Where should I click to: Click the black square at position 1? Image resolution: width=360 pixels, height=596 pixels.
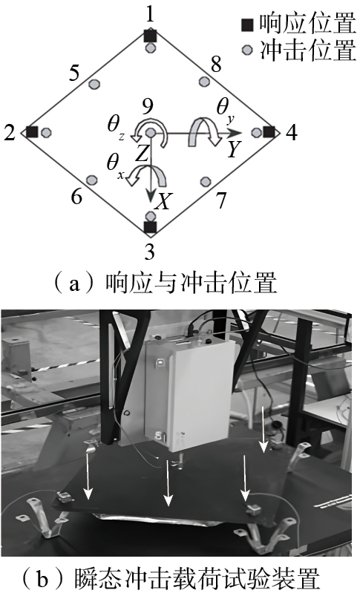point(151,36)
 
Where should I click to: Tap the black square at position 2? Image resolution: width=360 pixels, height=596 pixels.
point(32,132)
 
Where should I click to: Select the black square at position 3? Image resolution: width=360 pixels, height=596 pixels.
point(151,227)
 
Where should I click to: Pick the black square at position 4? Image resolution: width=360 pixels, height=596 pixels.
point(269,132)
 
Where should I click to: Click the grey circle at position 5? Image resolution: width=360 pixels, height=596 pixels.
point(94,84)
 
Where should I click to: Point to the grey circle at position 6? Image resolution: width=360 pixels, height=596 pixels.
point(91,180)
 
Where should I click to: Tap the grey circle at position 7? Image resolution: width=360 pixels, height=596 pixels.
point(206,181)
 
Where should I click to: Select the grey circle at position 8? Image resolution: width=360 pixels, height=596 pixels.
point(205,82)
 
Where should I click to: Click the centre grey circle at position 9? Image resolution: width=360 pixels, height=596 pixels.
point(151,133)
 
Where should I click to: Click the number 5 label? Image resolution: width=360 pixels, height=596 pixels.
point(74,72)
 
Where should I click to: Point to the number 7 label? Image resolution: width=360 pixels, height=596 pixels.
point(221,200)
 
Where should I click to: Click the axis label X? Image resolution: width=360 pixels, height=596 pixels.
point(163,200)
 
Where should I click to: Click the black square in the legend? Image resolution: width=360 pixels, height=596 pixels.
point(247,25)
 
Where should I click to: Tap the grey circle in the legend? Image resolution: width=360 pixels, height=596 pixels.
point(247,50)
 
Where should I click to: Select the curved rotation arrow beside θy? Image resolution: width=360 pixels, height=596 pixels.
point(205,131)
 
